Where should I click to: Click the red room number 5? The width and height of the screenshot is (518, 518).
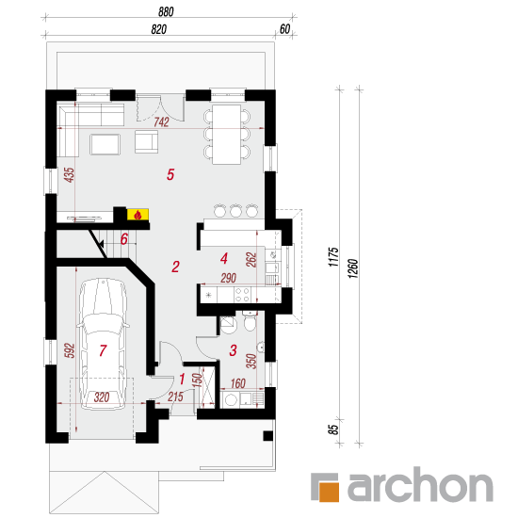click(170, 174)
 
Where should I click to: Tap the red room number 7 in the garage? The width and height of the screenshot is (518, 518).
click(103, 350)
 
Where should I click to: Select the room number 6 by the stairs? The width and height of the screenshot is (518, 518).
click(124, 239)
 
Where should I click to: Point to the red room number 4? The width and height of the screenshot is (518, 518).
click(224, 258)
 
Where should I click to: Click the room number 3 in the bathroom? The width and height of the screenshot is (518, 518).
click(233, 350)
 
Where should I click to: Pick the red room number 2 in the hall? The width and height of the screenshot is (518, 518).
click(175, 267)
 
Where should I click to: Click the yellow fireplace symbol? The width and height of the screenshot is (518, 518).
click(138, 215)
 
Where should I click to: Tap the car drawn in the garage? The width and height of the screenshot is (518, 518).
click(103, 344)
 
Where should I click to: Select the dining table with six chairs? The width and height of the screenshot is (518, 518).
click(227, 135)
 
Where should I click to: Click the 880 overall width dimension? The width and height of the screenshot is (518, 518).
click(166, 12)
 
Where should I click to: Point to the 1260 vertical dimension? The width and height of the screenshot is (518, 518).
click(353, 268)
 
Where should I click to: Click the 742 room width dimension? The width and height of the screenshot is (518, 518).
click(161, 122)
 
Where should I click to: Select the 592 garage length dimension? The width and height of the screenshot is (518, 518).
click(70, 351)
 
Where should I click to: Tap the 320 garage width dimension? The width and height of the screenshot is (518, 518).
click(102, 397)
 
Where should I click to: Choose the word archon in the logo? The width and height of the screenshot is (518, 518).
click(420, 484)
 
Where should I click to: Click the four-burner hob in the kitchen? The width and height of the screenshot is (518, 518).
click(242, 295)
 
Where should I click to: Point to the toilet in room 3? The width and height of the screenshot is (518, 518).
click(250, 321)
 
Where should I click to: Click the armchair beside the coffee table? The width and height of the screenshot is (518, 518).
click(146, 141)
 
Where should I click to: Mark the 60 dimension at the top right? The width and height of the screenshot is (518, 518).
click(284, 29)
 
